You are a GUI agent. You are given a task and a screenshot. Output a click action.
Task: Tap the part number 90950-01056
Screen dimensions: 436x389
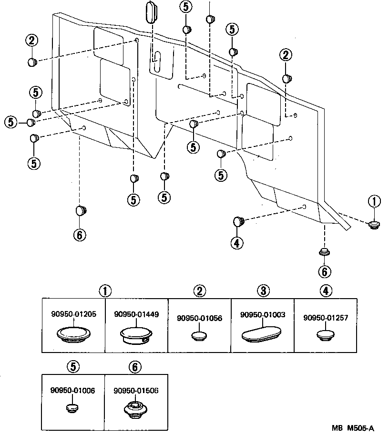click(x=199, y=318)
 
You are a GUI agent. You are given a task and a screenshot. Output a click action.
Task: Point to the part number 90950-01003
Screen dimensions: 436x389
click(x=263, y=315)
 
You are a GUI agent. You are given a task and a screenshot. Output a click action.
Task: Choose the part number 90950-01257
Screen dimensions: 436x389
click(x=325, y=317)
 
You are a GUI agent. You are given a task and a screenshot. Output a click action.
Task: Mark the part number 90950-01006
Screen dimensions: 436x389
click(x=72, y=390)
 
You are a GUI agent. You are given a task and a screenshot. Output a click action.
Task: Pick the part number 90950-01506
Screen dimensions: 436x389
click(x=136, y=390)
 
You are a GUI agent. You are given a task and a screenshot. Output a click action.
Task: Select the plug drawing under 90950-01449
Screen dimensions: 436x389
click(x=136, y=334)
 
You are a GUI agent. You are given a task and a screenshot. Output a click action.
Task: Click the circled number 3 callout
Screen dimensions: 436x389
click(x=262, y=291)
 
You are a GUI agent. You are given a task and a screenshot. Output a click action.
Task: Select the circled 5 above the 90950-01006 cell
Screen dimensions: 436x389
click(x=73, y=366)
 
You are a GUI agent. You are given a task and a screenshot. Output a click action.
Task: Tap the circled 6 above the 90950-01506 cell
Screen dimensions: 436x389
click(x=135, y=366)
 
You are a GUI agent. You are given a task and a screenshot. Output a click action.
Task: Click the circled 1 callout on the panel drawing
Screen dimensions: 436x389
click(x=374, y=202)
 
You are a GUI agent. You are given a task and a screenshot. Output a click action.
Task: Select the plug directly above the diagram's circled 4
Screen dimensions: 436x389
click(x=238, y=221)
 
